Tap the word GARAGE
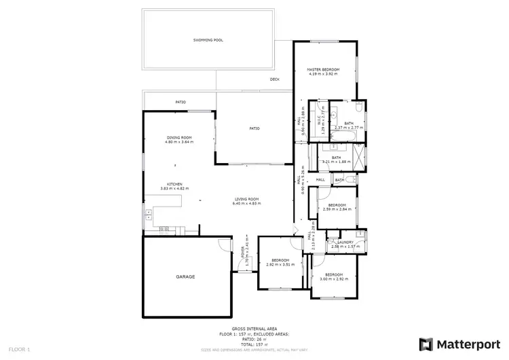[x=187, y=276]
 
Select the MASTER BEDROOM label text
[x=322, y=69]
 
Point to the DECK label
[x=275, y=79]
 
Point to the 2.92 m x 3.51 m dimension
[x=280, y=265]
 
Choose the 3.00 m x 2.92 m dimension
[x=334, y=278]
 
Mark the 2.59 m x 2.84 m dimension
[x=337, y=209]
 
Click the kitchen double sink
[x=147, y=217]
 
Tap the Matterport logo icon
[x=427, y=344]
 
